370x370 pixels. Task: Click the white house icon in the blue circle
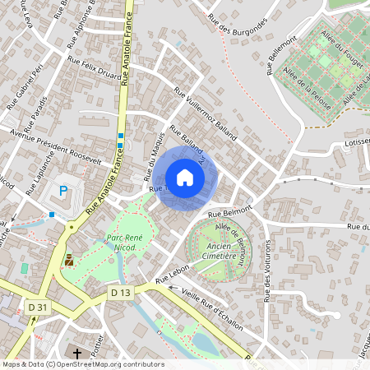click(x=185, y=178)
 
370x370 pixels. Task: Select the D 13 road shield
click(x=120, y=292)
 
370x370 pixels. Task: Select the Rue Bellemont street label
click(x=281, y=56)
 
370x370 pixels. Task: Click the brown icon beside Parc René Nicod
click(x=69, y=260)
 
